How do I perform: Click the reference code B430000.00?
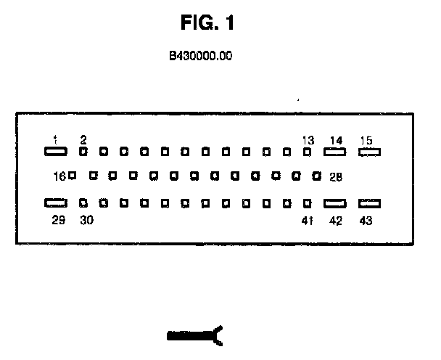pyautogui.click(x=200, y=55)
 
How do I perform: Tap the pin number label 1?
pyautogui.click(x=55, y=139)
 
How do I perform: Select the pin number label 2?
pyautogui.click(x=83, y=139)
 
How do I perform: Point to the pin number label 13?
pyautogui.click(x=308, y=140)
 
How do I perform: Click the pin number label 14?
pyautogui.click(x=335, y=140)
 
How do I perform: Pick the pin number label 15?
pyautogui.click(x=366, y=140)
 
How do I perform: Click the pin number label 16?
pyautogui.click(x=59, y=176)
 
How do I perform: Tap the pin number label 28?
pyautogui.click(x=335, y=176)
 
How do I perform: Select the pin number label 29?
pyautogui.click(x=59, y=221)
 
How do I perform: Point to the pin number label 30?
pyautogui.click(x=86, y=221)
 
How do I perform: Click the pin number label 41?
pyautogui.click(x=307, y=221)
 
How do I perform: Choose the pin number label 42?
pyautogui.click(x=335, y=221)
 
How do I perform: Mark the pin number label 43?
pyautogui.click(x=366, y=221)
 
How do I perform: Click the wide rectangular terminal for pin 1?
pyautogui.click(x=56, y=152)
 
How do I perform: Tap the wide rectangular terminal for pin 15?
pyautogui.click(x=370, y=152)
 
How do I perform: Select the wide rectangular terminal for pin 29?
pyautogui.click(x=56, y=204)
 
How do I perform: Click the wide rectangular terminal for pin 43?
pyautogui.click(x=370, y=205)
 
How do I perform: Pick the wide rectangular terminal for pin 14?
pyautogui.click(x=334, y=152)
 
